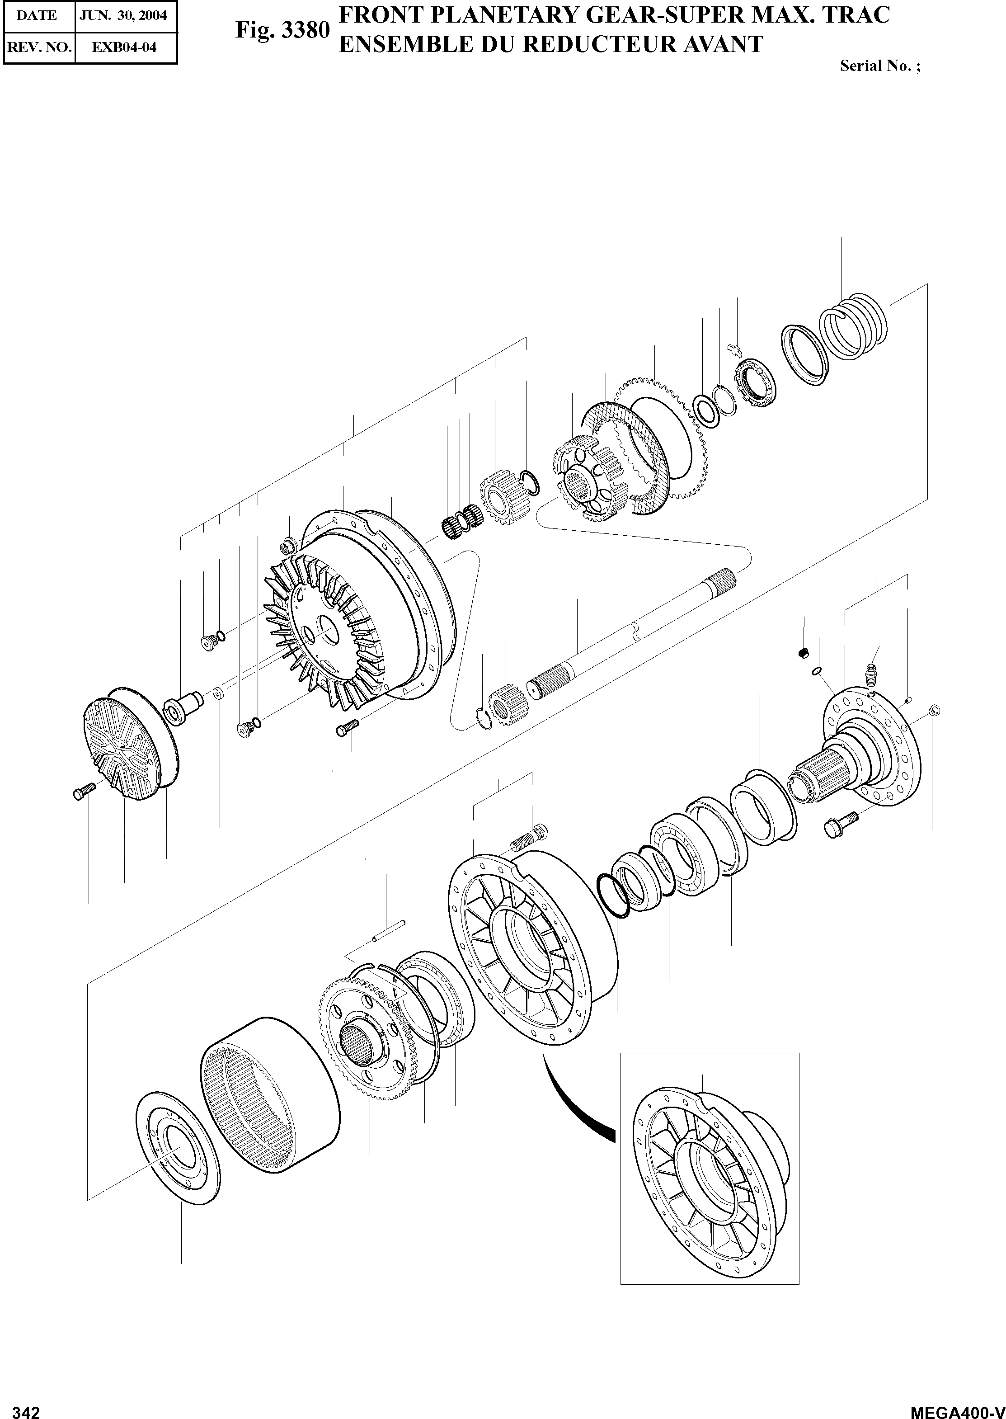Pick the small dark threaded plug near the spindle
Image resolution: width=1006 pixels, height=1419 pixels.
[x=804, y=652]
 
